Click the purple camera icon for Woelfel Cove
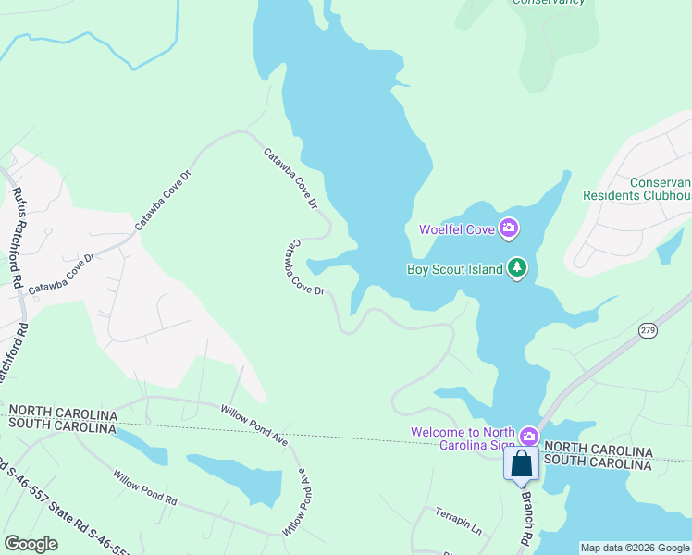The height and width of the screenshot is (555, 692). click(508, 228)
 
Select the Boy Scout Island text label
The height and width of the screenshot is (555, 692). click(455, 270)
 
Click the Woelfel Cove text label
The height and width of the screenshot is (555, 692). click(457, 228)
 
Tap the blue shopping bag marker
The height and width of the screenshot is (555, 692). click(522, 463)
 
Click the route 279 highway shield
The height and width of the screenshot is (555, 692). click(647, 329)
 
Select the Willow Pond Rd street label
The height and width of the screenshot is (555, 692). click(145, 487)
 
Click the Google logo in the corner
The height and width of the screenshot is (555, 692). click(31, 544)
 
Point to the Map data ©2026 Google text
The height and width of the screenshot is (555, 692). click(634, 548)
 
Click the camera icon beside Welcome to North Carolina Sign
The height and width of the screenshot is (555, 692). click(528, 435)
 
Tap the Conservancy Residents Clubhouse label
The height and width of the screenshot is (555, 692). click(638, 190)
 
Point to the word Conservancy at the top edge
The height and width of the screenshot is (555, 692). click(550, 2)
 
